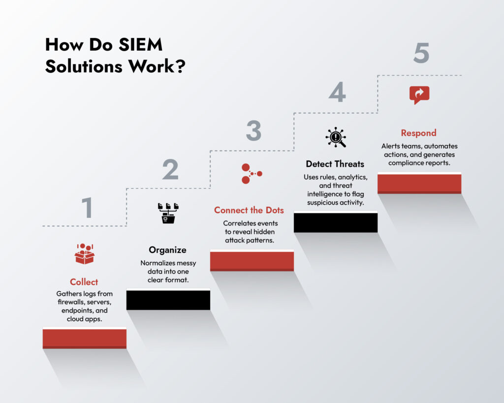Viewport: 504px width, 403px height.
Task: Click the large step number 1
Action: pyautogui.click(x=87, y=208)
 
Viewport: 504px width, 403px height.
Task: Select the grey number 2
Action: pyautogui.click(x=170, y=170)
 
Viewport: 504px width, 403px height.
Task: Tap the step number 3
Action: pyautogui.click(x=253, y=131)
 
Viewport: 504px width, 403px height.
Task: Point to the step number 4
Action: pyautogui.click(x=337, y=93)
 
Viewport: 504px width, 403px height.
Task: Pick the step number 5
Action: pyautogui.click(x=421, y=54)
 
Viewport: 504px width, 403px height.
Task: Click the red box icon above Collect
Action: pyautogui.click(x=84, y=253)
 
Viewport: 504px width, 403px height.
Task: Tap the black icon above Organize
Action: pyautogui.click(x=168, y=214)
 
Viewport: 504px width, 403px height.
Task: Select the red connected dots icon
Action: pyautogui.click(x=252, y=173)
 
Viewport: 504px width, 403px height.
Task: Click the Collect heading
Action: pyautogui.click(x=84, y=282)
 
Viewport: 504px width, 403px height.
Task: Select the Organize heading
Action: pyautogui.click(x=168, y=250)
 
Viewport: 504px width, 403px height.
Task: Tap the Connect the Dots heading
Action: pyautogui.click(x=249, y=210)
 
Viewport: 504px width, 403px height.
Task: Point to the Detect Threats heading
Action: pyautogui.click(x=335, y=164)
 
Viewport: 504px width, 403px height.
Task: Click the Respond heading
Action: pyautogui.click(x=419, y=133)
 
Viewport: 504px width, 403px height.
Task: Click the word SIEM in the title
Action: pyautogui.click(x=140, y=45)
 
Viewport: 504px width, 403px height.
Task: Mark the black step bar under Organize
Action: pyautogui.click(x=168, y=300)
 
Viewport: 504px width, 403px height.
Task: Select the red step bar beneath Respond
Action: pyautogui.click(x=419, y=183)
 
